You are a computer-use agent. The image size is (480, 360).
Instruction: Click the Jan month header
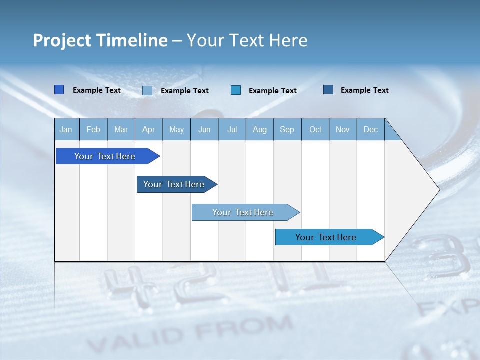[x=66, y=129]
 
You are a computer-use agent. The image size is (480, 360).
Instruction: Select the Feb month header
[x=93, y=129]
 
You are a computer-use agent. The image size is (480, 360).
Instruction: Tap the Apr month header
[x=148, y=129]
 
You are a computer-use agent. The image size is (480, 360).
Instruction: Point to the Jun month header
[x=204, y=129]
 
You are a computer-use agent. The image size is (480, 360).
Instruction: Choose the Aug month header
[x=259, y=129]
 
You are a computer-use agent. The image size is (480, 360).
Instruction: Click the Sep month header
[x=287, y=129]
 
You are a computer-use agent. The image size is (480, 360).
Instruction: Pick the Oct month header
[x=315, y=129]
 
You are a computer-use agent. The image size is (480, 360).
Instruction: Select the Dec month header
[x=370, y=129]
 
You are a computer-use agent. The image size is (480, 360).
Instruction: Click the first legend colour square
[x=59, y=90]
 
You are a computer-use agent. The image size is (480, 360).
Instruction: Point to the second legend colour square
[x=147, y=90]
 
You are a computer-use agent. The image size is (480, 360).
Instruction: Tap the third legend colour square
[x=236, y=90]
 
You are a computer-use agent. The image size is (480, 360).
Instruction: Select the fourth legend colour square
[x=328, y=90]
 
